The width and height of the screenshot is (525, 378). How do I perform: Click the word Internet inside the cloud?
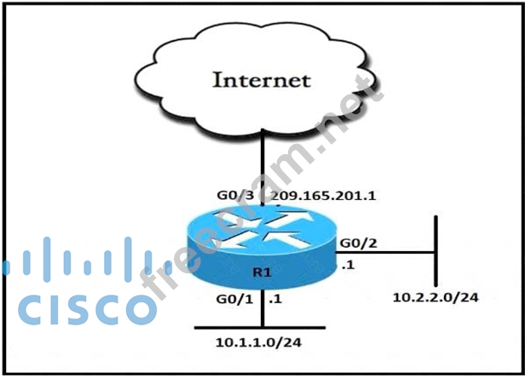[260, 82]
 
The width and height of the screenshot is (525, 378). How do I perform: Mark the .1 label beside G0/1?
[274, 299]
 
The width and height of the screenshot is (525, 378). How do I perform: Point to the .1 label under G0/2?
[348, 265]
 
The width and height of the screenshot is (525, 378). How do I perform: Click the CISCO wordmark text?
[81, 309]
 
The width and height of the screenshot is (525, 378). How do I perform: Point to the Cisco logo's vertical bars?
[81, 260]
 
